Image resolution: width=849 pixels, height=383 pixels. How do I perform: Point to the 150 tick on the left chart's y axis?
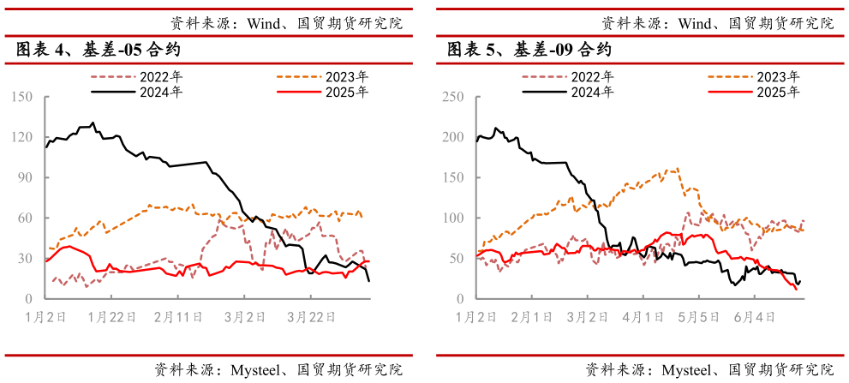coord(21,97)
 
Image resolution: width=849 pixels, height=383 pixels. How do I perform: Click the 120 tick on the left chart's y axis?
coord(21,137)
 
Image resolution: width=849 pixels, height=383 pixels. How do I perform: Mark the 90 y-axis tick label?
coord(25,177)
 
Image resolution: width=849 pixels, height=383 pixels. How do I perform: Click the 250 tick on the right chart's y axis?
coord(453,97)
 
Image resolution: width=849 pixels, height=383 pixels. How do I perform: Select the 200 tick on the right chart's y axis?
coord(453,137)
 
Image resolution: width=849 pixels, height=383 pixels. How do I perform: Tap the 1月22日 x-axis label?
coord(112,316)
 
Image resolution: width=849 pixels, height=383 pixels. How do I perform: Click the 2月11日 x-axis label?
coord(178,316)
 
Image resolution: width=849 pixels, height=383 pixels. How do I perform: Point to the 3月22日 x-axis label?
coord(310,316)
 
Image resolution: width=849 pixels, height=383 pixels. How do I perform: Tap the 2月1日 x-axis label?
coord(530,316)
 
